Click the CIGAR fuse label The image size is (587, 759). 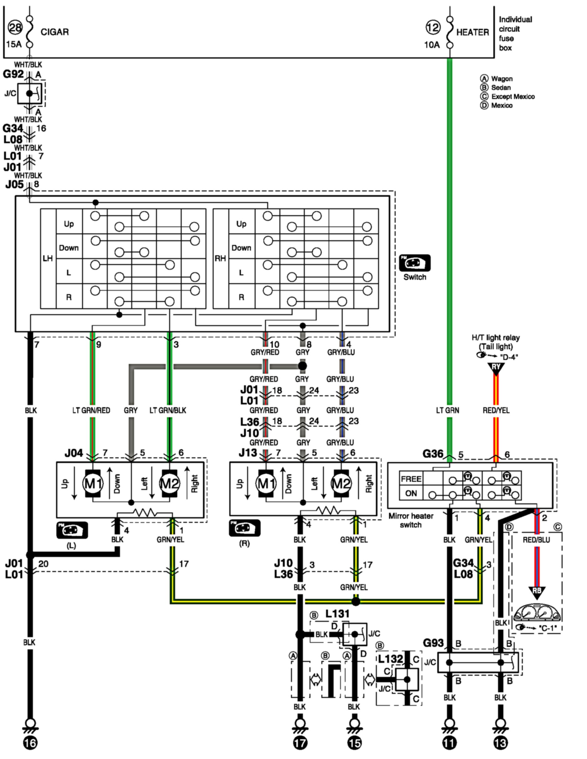[x=55, y=32]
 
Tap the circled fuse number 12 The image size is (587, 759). [x=433, y=28]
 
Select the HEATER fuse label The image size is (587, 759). [x=472, y=32]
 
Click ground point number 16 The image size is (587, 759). [x=30, y=743]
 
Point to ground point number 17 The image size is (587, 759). [x=300, y=743]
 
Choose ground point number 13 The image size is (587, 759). [x=501, y=743]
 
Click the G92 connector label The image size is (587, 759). [x=13, y=74]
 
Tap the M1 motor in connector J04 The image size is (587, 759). [x=93, y=483]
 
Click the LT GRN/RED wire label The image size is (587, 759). [x=91, y=410]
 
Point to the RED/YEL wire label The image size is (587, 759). [x=496, y=410]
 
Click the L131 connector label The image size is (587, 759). [x=337, y=614]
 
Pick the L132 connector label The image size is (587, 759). [x=390, y=659]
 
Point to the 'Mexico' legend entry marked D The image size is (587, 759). [x=501, y=105]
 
